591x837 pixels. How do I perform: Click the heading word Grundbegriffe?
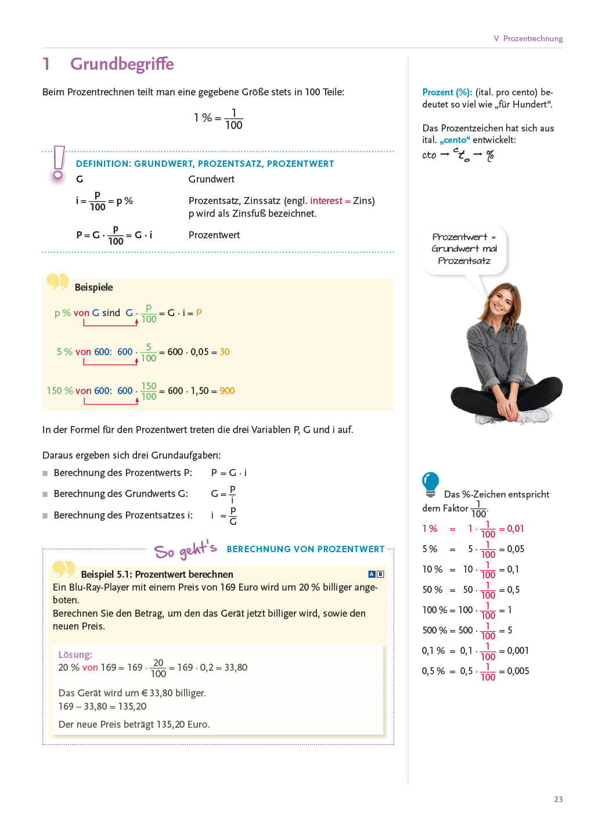point(122,64)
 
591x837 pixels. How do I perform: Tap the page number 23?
point(558,799)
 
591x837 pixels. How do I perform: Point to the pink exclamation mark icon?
point(59,164)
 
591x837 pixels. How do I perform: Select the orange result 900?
point(227,391)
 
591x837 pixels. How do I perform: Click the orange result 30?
point(225,352)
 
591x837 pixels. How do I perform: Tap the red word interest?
point(326,201)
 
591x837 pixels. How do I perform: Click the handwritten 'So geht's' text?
point(185,549)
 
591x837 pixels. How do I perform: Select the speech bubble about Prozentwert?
point(464,249)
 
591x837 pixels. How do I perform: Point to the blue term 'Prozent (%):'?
point(447,92)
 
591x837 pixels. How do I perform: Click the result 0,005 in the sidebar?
point(518,671)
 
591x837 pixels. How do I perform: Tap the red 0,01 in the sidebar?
point(516,528)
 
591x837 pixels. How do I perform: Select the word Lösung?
point(75,654)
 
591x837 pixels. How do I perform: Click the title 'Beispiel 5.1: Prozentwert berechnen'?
point(157,574)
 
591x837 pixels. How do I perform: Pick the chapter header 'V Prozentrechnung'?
point(528,38)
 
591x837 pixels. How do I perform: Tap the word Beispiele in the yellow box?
point(93,287)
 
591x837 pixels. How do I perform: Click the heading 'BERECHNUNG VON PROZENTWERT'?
point(305,549)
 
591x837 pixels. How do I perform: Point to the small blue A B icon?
point(376,574)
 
